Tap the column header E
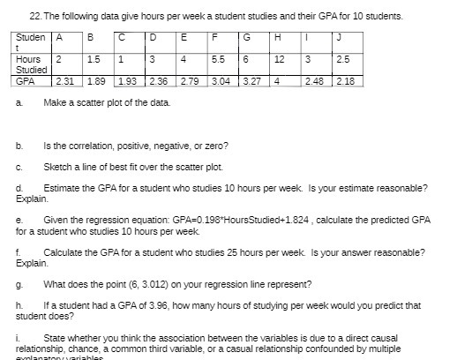[183, 37]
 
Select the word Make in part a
[53, 104]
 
